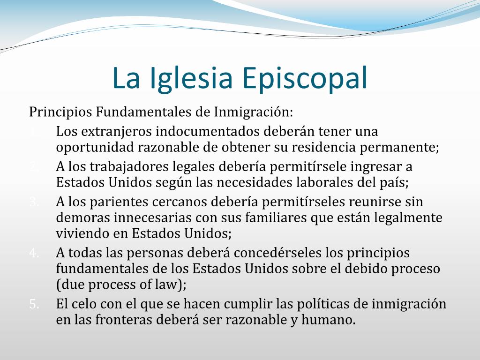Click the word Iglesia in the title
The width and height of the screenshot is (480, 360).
(191, 79)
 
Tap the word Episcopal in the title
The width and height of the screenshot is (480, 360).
(305, 79)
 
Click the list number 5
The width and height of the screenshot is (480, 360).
(34, 304)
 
